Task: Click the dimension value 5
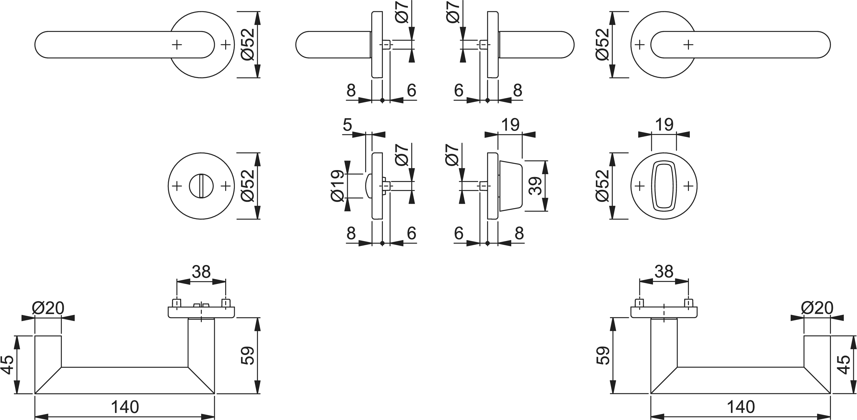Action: [347, 125]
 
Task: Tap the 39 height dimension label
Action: [535, 186]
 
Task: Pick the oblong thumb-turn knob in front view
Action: [664, 186]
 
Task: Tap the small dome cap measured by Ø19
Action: [368, 186]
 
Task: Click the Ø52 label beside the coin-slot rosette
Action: [248, 186]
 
